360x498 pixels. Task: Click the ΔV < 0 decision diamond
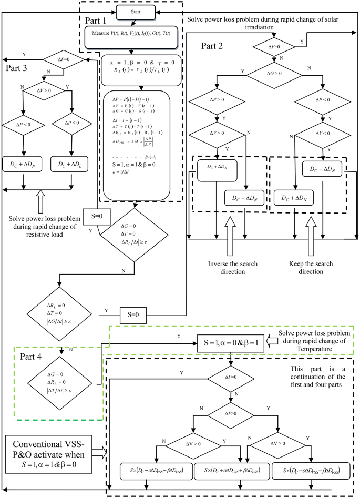[x=316, y=135]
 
